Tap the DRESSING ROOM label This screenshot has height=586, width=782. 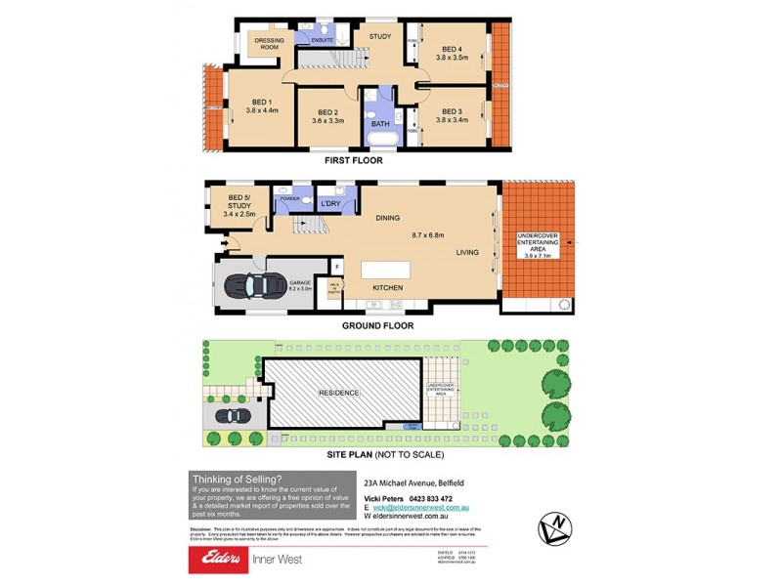pyautogui.click(x=268, y=42)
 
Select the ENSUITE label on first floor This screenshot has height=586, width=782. pyautogui.click(x=323, y=40)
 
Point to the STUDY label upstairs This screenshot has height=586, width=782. pyautogui.click(x=379, y=37)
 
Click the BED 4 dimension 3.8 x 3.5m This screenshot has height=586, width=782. pyautogui.click(x=452, y=58)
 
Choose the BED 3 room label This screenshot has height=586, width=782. pyautogui.click(x=451, y=110)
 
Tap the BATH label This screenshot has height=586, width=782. pyautogui.click(x=379, y=124)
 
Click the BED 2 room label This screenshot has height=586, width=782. pyautogui.click(x=329, y=110)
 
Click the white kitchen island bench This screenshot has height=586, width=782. pyautogui.click(x=396, y=270)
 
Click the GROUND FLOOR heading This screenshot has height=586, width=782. pyautogui.click(x=377, y=326)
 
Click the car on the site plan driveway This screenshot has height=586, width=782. pyautogui.click(x=233, y=416)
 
